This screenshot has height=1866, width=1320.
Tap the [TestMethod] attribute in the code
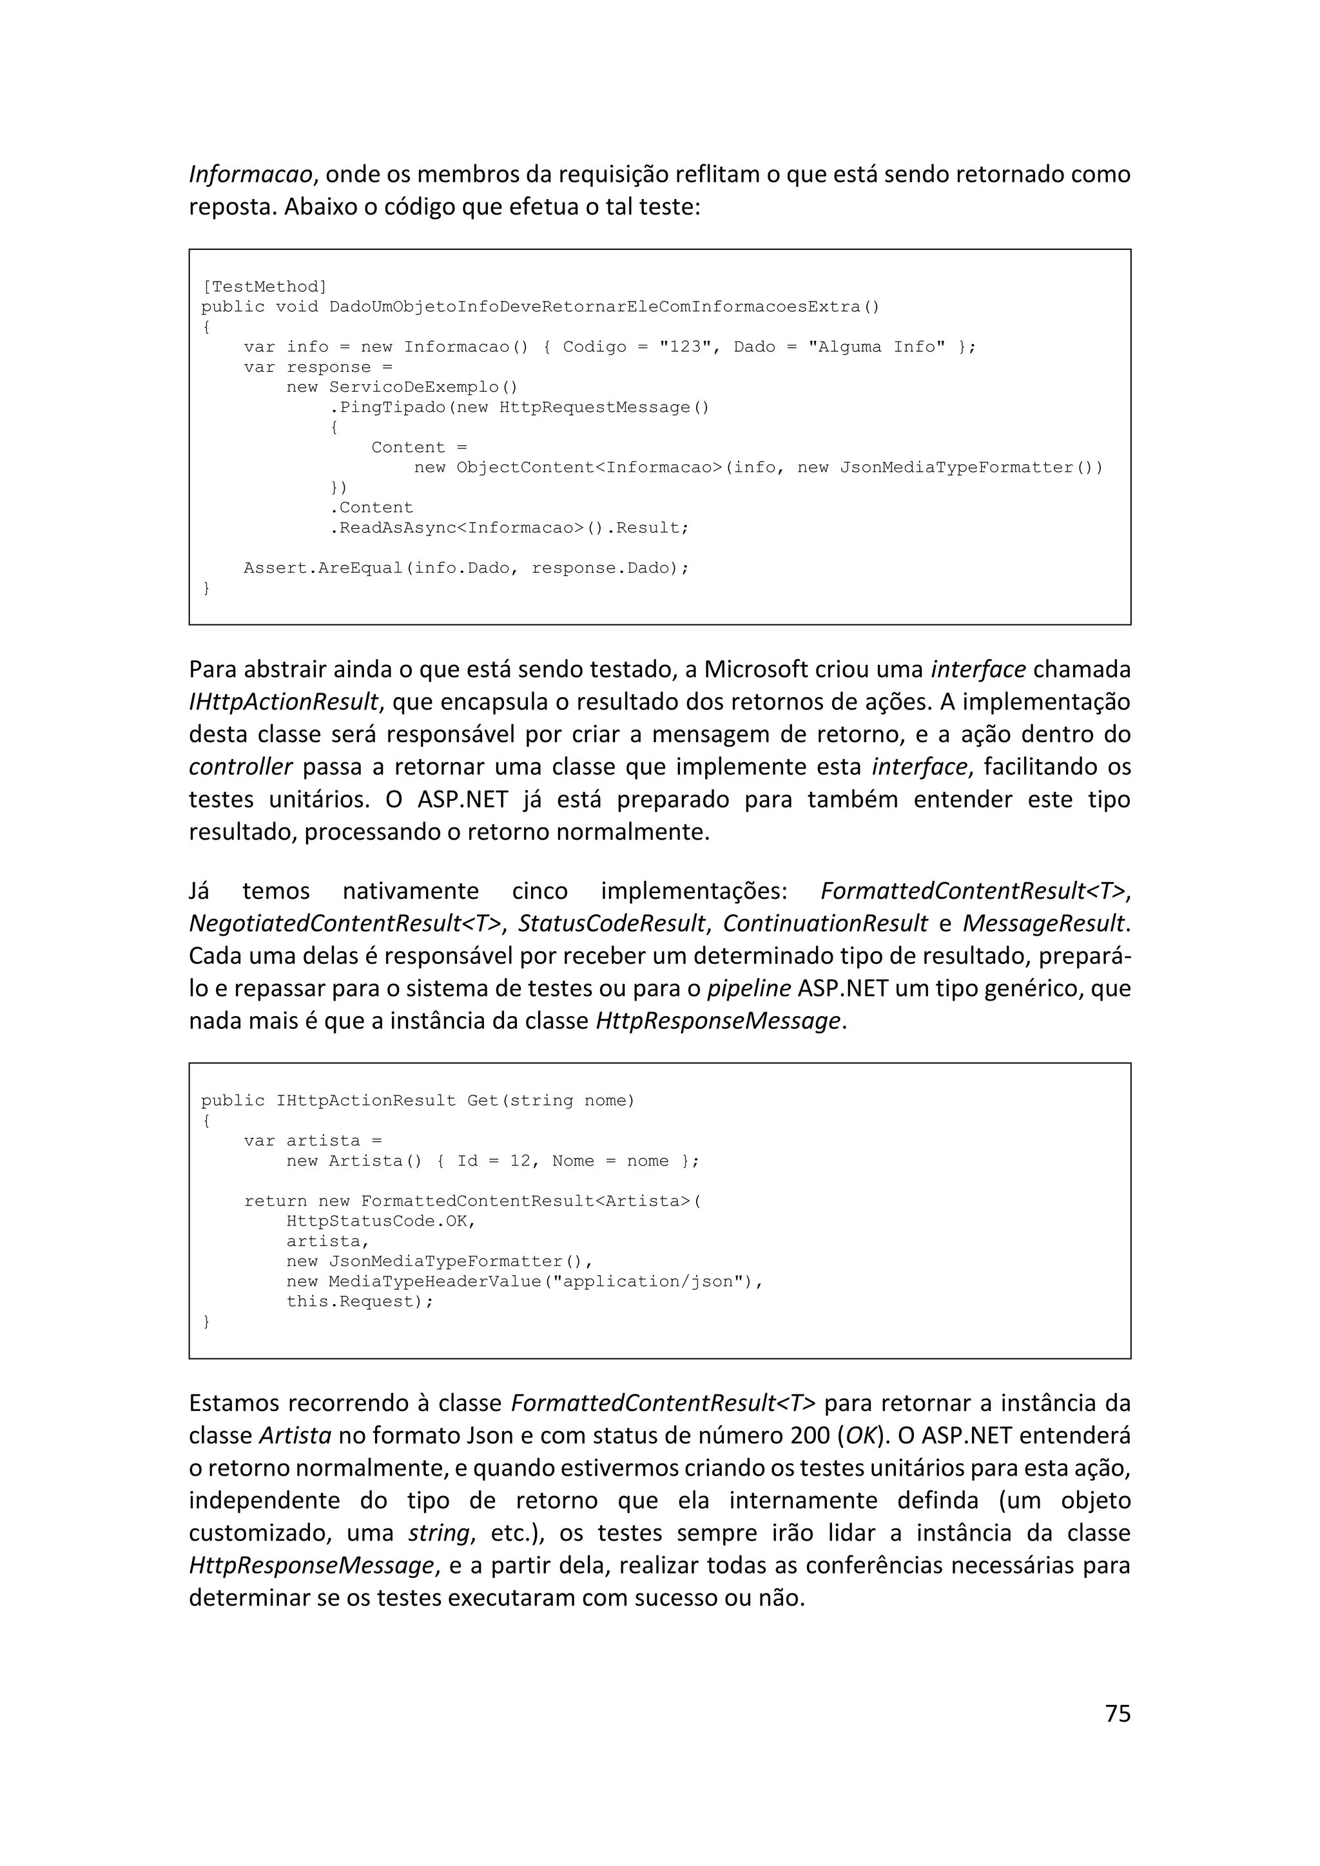pos(264,287)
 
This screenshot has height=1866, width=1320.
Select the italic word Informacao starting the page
pos(250,175)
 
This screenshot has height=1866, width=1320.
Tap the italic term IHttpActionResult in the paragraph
pos(283,702)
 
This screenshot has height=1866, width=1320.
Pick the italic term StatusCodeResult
pos(611,923)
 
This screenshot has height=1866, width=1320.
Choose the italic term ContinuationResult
pos(825,923)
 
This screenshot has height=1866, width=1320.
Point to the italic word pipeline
pos(748,988)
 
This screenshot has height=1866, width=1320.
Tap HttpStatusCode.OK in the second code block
pos(380,1222)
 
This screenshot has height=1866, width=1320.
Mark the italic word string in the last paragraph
pos(439,1533)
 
